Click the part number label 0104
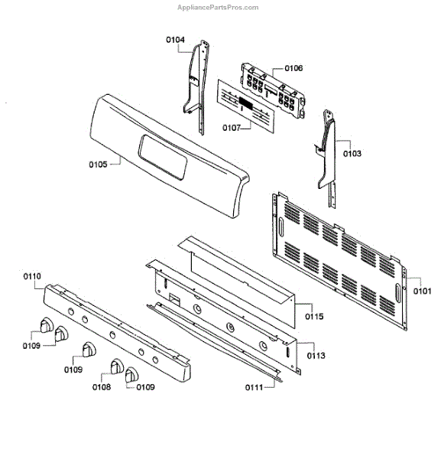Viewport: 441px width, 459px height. coord(175,40)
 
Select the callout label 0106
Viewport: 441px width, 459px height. coord(293,68)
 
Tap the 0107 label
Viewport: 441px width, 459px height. coord(232,128)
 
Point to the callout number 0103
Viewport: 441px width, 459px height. coord(352,154)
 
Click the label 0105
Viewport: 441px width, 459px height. coord(98,164)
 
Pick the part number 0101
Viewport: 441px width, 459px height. coord(423,291)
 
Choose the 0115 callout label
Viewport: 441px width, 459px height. coord(314,317)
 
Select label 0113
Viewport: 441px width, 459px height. coord(316,356)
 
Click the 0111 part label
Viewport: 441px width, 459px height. coord(255,387)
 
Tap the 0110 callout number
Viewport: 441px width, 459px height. coord(32,276)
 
